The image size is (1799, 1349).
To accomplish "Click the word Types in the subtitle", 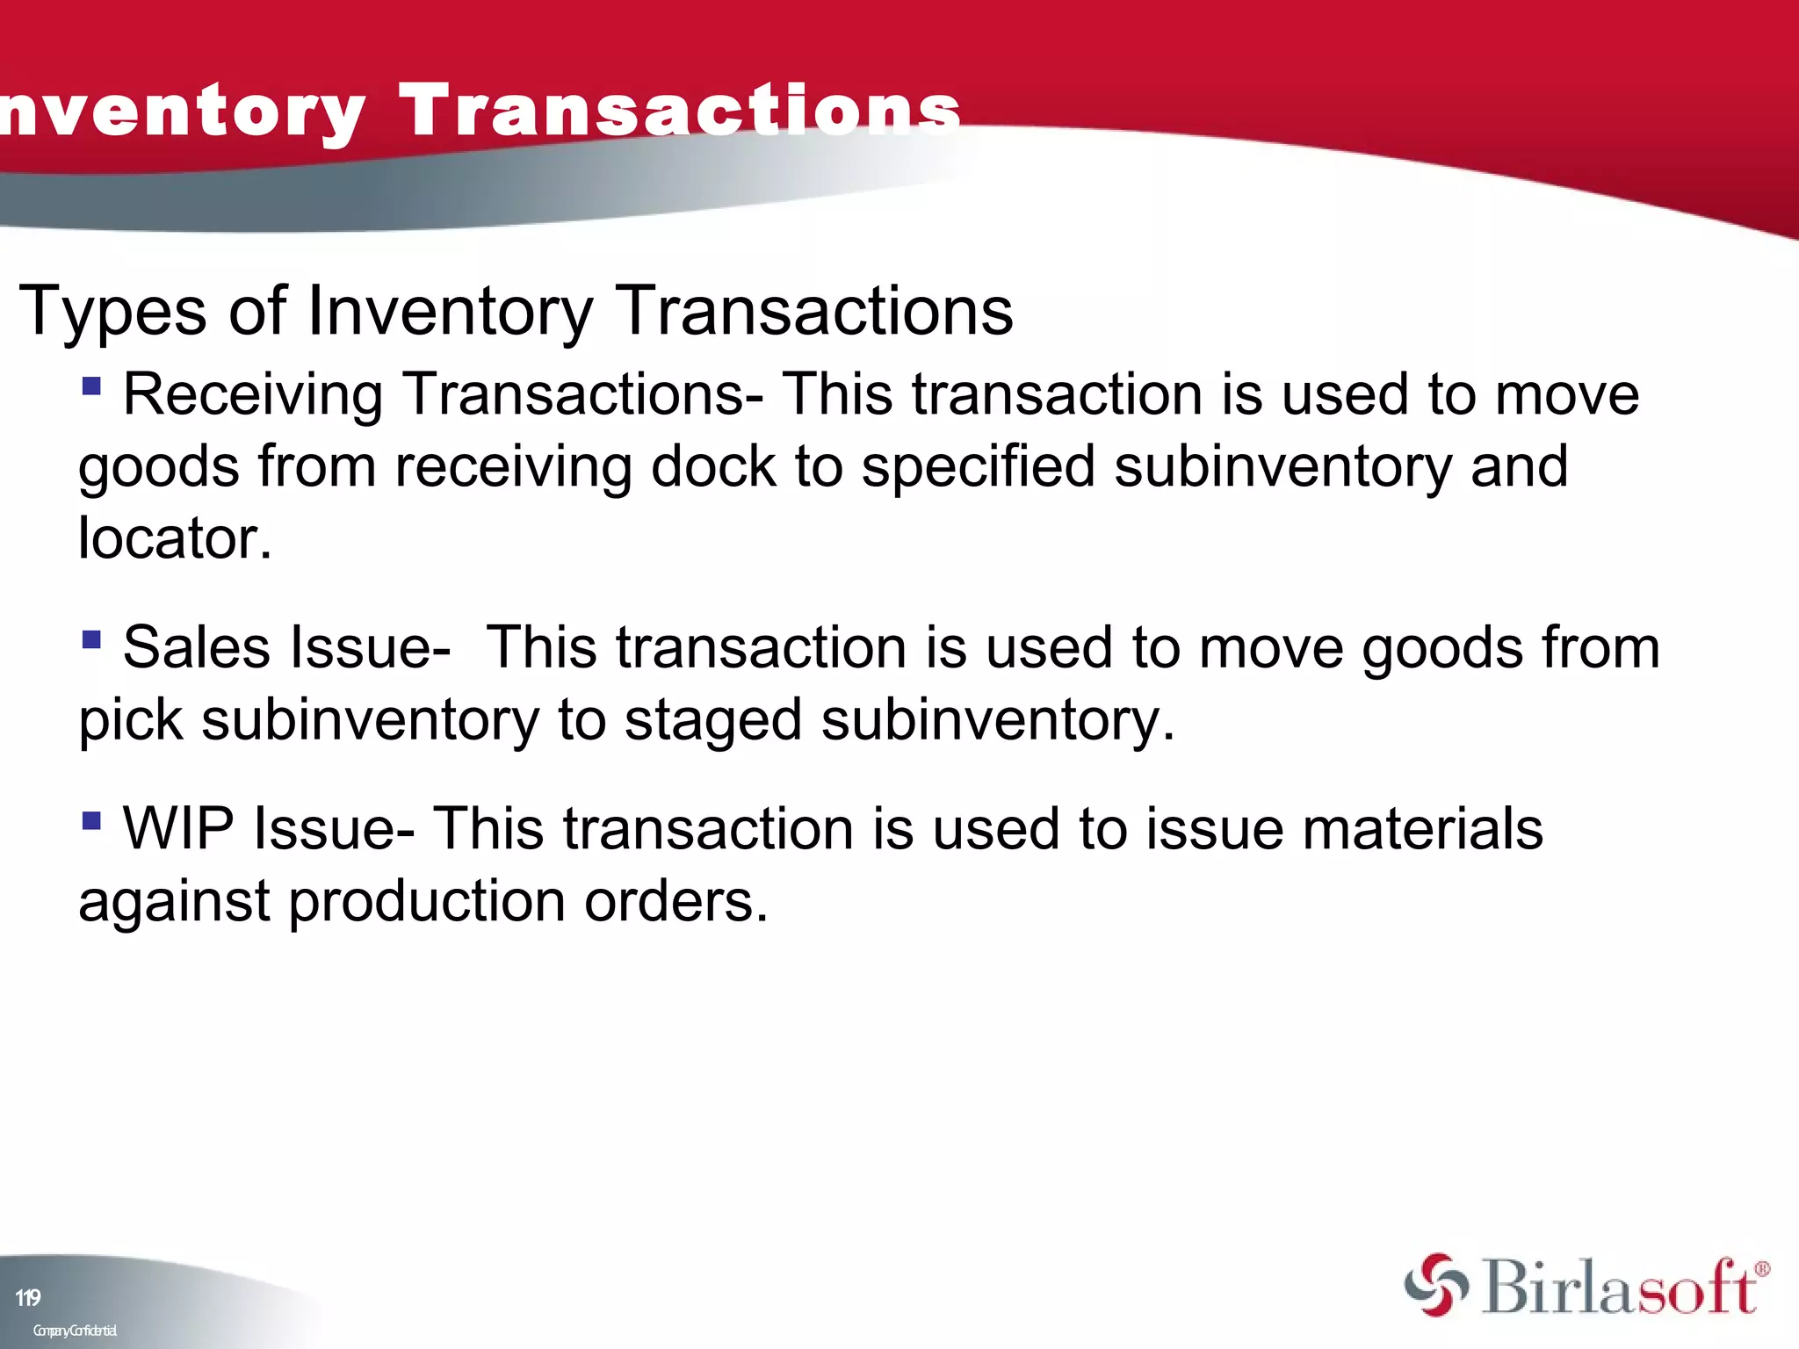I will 112,311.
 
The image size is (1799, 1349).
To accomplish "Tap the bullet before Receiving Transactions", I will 91,386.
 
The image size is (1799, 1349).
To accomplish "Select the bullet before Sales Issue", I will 91,638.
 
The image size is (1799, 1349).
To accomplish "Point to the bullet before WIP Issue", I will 91,820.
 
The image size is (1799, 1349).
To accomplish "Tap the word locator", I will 175,537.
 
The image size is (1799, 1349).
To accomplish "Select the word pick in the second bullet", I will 131,720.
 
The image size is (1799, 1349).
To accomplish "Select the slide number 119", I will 28,1297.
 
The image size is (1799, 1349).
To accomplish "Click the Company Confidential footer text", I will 75,1330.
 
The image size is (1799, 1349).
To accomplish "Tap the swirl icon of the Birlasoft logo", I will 1435,1285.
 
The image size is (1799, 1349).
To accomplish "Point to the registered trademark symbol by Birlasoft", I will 1762,1268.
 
